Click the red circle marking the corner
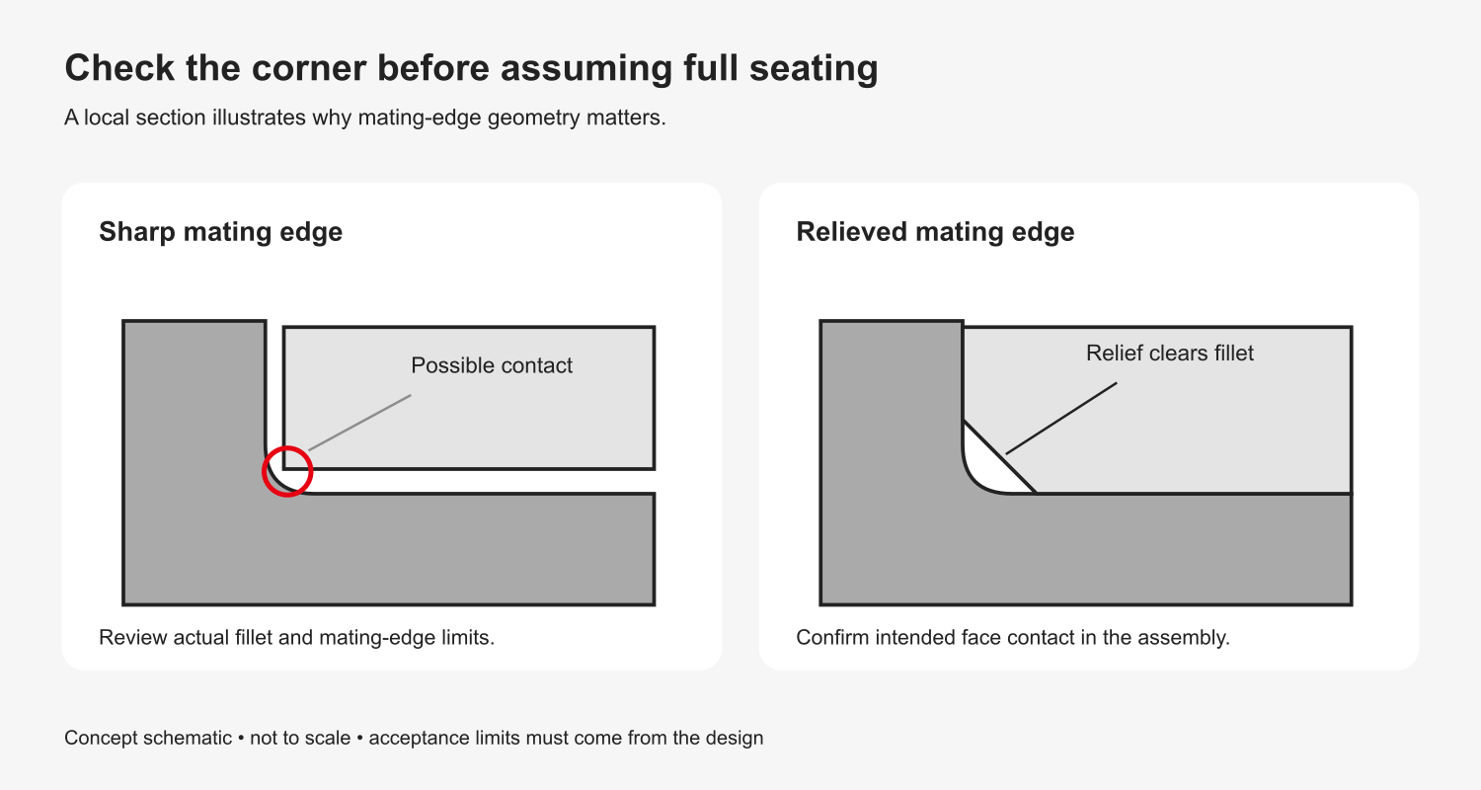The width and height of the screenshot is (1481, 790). (x=287, y=447)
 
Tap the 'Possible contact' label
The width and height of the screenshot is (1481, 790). (x=492, y=365)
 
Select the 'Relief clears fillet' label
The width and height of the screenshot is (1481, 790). (x=1170, y=353)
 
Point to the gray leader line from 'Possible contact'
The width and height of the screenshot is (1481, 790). (x=359, y=423)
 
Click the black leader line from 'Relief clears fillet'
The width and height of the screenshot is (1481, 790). (x=1061, y=418)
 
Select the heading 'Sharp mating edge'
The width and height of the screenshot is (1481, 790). (x=221, y=231)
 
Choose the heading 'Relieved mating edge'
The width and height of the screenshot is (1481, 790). (x=935, y=231)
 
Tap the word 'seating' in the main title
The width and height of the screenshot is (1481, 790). (x=814, y=69)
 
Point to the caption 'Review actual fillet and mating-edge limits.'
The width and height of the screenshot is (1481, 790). (x=297, y=637)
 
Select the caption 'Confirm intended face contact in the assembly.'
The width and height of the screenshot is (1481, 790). (x=1013, y=637)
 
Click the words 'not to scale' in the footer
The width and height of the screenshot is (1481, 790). (x=300, y=738)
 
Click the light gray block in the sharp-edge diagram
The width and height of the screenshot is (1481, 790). (x=469, y=398)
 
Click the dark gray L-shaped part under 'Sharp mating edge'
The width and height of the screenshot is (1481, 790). (x=388, y=549)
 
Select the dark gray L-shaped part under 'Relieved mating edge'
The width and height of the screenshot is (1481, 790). (x=1086, y=549)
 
